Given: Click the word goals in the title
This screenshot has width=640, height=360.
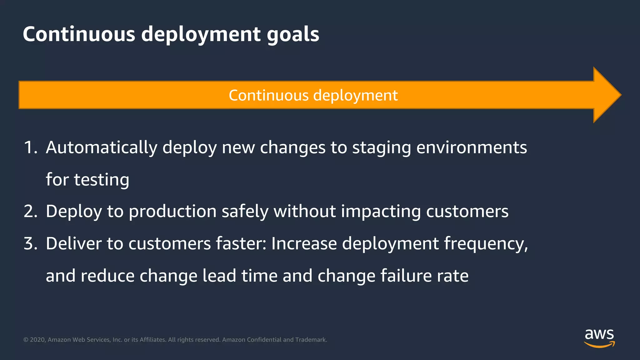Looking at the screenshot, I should click(x=293, y=34).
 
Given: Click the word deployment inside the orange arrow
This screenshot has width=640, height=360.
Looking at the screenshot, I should click(x=355, y=95).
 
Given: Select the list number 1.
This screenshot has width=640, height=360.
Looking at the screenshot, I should click(x=30, y=147).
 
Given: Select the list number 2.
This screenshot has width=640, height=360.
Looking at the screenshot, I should click(x=30, y=211).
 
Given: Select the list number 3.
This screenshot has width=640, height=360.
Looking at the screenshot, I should click(x=30, y=243).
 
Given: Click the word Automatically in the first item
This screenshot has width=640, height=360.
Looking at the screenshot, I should click(x=101, y=147).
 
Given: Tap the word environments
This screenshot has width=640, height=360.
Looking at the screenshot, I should click(x=472, y=147).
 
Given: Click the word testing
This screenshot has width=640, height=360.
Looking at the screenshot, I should click(x=102, y=180).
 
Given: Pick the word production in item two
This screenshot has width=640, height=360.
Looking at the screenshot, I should click(x=172, y=212).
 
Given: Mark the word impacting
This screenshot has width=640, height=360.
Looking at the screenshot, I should click(x=381, y=212).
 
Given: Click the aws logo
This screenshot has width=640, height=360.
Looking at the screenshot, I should click(x=599, y=338).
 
